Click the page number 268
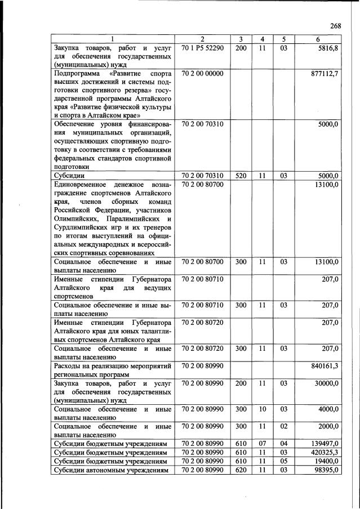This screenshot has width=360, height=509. click(x=335, y=25)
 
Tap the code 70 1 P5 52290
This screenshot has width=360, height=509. click(x=203, y=48)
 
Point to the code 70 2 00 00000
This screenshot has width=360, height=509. click(x=203, y=74)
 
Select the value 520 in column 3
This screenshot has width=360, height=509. click(x=241, y=176)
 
